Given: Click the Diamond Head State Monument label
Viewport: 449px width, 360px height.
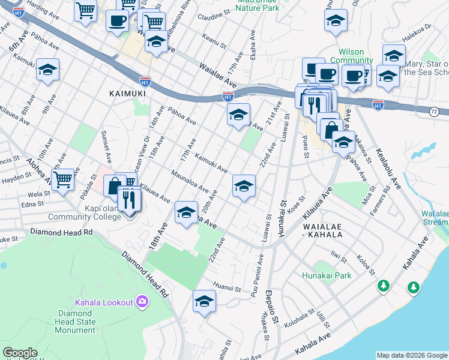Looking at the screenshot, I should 76,322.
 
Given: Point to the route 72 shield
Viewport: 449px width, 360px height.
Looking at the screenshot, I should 433,112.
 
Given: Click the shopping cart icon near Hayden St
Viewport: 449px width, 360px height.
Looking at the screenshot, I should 62,179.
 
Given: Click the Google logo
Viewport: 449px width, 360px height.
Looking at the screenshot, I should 20,353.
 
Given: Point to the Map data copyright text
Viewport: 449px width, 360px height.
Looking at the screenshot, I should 412,355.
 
